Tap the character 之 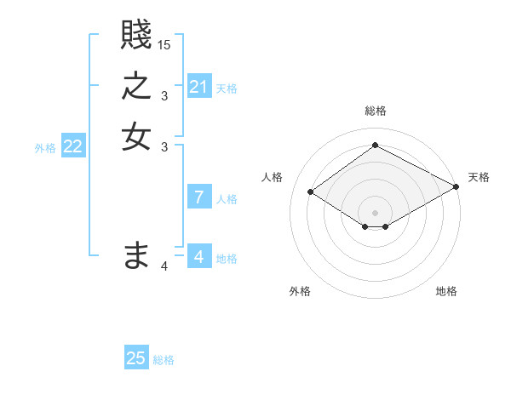point(136,87)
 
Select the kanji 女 point(136,135)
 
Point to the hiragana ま point(136,254)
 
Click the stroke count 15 point(164,44)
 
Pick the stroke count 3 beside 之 point(164,96)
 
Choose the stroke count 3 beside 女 point(164,146)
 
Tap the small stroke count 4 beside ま point(164,267)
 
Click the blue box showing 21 point(199,87)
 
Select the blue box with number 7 point(199,197)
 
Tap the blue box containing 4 point(199,257)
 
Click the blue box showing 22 point(73,146)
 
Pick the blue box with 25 point(136,358)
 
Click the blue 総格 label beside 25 point(164,360)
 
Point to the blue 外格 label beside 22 point(45,148)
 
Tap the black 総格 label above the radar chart point(375,111)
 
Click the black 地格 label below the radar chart point(446,291)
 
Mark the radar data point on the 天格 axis point(456,186)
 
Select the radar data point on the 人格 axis point(311,192)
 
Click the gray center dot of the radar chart point(375,212)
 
